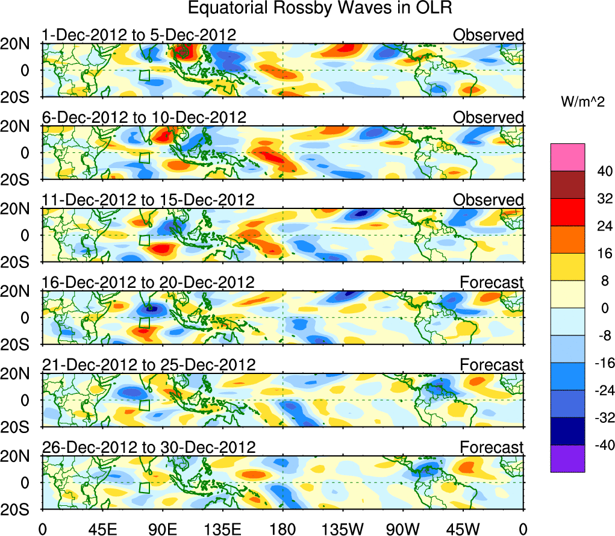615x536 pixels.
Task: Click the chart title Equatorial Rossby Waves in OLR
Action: [320, 8]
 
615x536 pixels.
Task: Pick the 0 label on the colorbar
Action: [600, 308]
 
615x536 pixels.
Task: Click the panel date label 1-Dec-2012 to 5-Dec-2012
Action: [139, 35]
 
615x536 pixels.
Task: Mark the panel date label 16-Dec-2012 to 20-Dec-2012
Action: [148, 282]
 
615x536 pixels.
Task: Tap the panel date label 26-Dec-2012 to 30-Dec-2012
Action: [149, 447]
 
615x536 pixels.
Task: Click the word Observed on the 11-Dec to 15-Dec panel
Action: [489, 200]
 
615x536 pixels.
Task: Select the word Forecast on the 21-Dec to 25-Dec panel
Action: [492, 364]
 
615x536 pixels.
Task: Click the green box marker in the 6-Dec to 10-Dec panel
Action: [144, 158]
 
